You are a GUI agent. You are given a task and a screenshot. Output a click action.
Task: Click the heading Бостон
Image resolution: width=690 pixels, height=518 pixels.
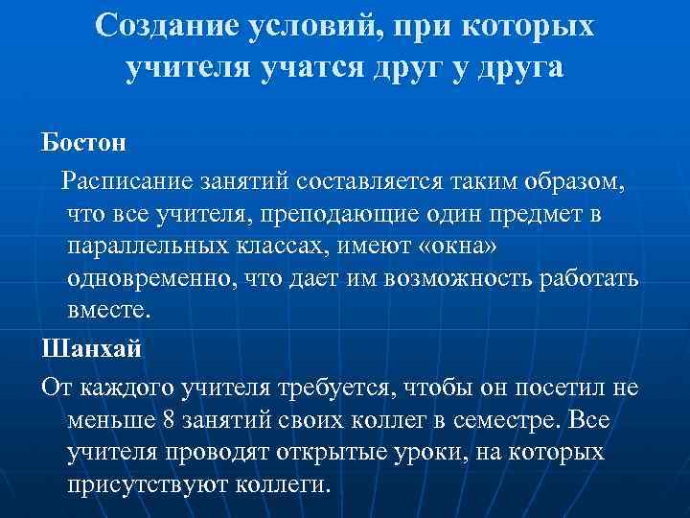(x=82, y=144)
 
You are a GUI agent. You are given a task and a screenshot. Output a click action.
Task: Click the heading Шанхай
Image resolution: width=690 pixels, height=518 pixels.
(x=91, y=347)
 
